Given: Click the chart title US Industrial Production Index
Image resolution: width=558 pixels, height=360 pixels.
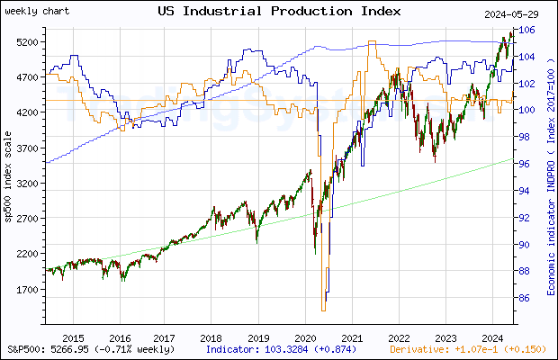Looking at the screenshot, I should (x=279, y=12).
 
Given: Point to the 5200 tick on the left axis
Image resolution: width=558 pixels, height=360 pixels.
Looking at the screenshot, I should (x=25, y=42).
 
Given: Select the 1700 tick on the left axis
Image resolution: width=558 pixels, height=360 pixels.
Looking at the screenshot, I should (x=25, y=290).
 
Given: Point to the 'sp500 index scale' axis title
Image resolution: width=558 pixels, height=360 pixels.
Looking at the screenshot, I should (x=8, y=189).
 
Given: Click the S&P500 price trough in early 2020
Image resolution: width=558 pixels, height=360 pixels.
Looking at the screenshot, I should (x=315, y=253).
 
